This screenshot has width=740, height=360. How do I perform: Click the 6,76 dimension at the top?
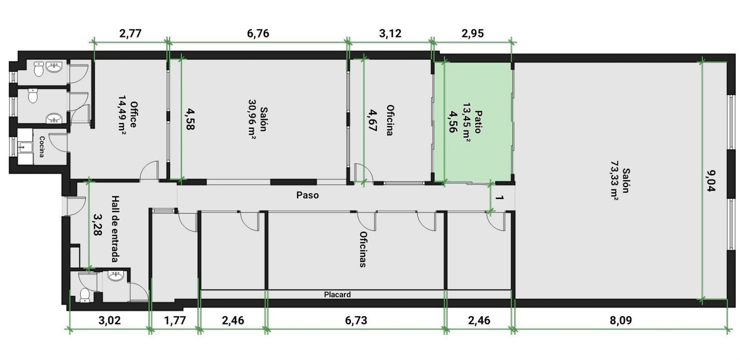click(x=258, y=34)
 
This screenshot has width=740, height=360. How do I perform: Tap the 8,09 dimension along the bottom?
click(x=621, y=320)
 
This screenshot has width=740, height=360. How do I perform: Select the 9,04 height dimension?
click(x=710, y=181)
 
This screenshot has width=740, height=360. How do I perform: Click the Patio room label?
click(x=477, y=122)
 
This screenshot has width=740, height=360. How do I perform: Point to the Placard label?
click(x=337, y=294)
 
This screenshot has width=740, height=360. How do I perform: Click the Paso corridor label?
click(x=307, y=195)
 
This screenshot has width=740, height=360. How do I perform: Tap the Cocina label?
click(x=42, y=147)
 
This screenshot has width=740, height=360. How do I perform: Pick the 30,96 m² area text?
click(x=252, y=119)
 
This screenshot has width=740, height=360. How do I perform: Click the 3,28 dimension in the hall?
click(x=98, y=224)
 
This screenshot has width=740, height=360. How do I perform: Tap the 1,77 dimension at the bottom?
click(x=175, y=320)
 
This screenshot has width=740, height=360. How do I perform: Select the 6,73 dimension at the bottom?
click(x=356, y=320)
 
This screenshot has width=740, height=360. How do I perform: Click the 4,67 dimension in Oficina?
click(x=372, y=121)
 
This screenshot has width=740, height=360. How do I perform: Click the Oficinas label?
click(x=363, y=249)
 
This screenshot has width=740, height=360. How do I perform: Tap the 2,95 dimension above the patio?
click(x=473, y=34)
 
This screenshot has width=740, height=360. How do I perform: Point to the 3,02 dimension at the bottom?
click(x=109, y=320)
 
